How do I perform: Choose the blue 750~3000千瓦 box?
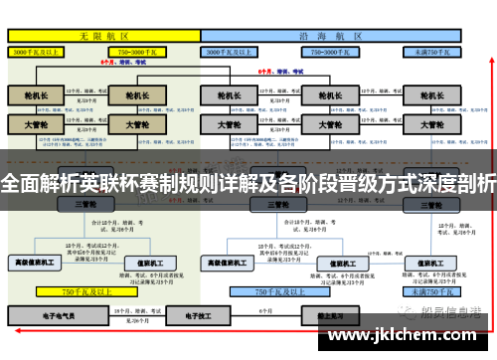329,50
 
